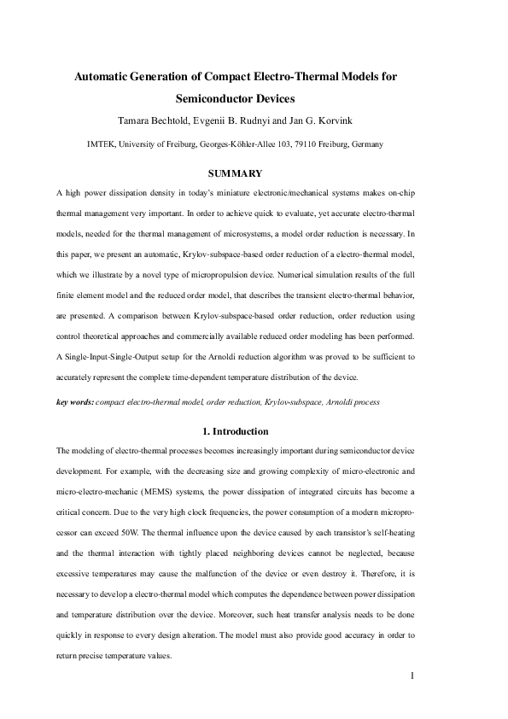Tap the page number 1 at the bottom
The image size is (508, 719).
point(412,677)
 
